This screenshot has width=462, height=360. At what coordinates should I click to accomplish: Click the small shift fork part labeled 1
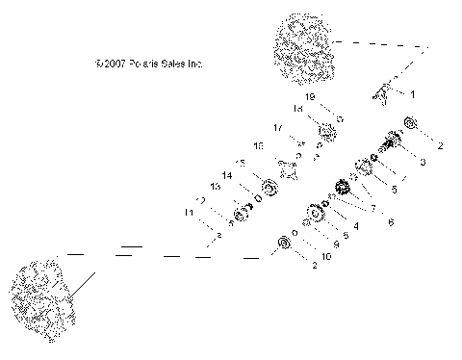[x=382, y=95]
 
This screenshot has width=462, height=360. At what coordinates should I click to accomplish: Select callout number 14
[x=227, y=175]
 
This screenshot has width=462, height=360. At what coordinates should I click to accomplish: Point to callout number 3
[x=421, y=164]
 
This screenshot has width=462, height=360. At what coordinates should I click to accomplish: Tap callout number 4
[x=355, y=226]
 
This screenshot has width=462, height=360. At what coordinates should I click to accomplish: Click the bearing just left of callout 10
[x=284, y=247]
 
